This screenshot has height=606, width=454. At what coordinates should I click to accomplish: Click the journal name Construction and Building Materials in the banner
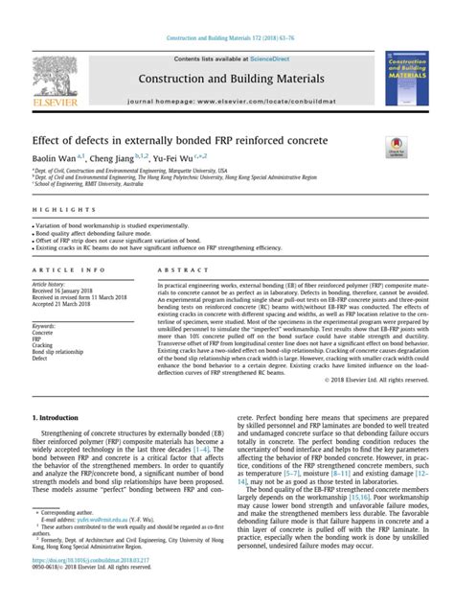coord(231,77)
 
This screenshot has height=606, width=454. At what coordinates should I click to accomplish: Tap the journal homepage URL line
coord(231,99)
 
